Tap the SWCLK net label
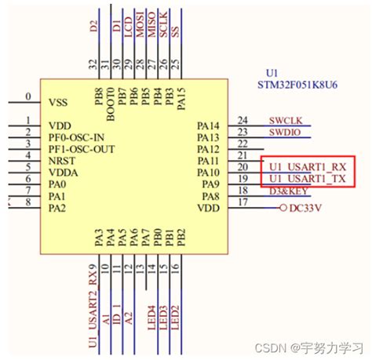tap(284, 120)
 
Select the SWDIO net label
tap(283, 133)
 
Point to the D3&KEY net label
tap(288, 191)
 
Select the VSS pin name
tap(61, 102)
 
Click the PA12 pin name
tap(208, 149)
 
